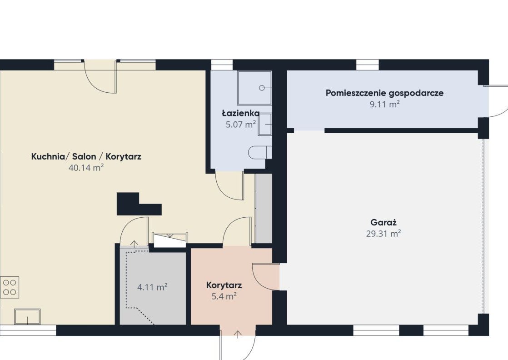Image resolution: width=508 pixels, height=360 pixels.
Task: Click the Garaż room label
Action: (x=383, y=223)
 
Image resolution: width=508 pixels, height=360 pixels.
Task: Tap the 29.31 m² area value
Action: (x=383, y=233)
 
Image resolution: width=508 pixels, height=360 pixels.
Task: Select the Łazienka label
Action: (x=240, y=113)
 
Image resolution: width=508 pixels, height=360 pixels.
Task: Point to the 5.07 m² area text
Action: (x=241, y=124)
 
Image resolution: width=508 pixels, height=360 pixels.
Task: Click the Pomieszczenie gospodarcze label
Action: (x=384, y=93)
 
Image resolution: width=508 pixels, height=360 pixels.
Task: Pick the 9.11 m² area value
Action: (x=384, y=104)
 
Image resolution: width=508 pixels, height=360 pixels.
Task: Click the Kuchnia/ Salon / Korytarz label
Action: (x=86, y=156)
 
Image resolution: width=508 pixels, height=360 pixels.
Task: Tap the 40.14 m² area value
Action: (x=86, y=168)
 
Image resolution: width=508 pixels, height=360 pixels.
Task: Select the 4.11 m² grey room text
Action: (x=152, y=287)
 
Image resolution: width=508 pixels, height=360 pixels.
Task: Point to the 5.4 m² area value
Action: (x=224, y=296)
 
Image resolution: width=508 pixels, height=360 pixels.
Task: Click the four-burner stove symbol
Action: (x=10, y=287)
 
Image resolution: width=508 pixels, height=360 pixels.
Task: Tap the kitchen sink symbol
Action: (x=28, y=316)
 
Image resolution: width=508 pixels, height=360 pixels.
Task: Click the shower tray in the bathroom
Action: (x=254, y=88)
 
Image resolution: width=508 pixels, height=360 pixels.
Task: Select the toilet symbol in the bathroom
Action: (x=260, y=152)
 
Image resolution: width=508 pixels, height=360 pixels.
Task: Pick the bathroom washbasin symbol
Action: (x=265, y=125)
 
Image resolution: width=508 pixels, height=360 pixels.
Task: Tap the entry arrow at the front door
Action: (x=238, y=334)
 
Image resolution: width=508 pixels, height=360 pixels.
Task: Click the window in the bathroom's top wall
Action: (x=222, y=65)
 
